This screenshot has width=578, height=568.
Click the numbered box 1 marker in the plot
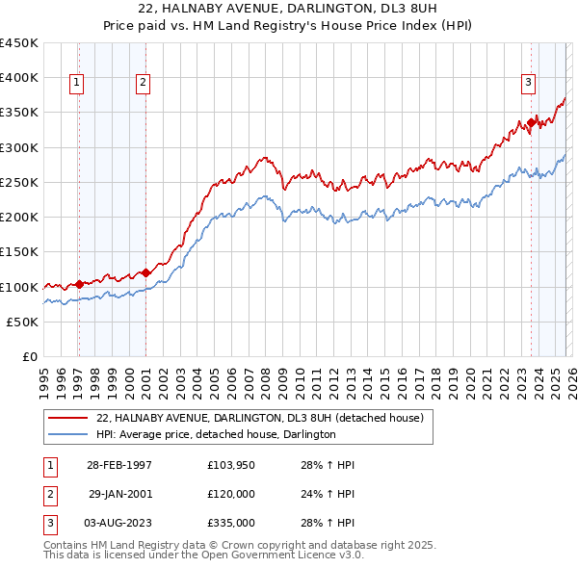[76, 84]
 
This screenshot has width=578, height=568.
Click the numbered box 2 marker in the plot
[143, 84]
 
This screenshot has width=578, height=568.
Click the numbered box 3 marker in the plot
[529, 84]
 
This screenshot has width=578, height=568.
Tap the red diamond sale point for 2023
[531, 122]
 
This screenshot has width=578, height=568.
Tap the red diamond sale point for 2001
[145, 272]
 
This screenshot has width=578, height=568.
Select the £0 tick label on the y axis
[30, 357]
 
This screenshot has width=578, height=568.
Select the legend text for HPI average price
[216, 435]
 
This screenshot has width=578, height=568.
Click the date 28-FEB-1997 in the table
[118, 465]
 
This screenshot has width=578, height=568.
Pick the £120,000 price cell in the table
[231, 494]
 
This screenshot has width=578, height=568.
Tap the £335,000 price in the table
[231, 523]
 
